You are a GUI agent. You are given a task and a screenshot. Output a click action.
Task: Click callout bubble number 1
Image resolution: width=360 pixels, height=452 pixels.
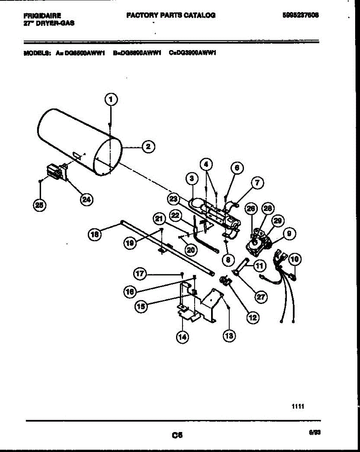pyautogui.click(x=110, y=100)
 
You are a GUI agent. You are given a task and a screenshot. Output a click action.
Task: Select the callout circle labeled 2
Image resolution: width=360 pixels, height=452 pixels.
pyautogui.click(x=148, y=147)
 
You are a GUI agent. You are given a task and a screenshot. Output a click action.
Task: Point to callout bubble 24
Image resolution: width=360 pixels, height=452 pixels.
pyautogui.click(x=87, y=199)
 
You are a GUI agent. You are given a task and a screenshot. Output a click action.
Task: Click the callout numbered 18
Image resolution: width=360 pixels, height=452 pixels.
pyautogui.click(x=95, y=234)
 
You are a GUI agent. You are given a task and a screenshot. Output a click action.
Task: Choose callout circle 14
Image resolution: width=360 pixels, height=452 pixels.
pyautogui.click(x=182, y=337)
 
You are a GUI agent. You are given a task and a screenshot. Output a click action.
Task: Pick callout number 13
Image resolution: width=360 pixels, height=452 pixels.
pyautogui.click(x=228, y=336)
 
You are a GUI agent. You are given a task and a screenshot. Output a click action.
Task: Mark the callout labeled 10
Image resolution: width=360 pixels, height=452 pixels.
pyautogui.click(x=294, y=259)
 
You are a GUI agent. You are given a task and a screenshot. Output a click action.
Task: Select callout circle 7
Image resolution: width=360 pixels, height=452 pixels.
pyautogui.click(x=257, y=183)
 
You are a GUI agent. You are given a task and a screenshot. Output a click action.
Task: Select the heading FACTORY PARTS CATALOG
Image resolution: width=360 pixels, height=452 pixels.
pyautogui.click(x=171, y=15)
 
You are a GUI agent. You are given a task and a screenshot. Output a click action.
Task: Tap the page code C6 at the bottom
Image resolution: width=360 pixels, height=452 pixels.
pyautogui.click(x=177, y=435)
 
